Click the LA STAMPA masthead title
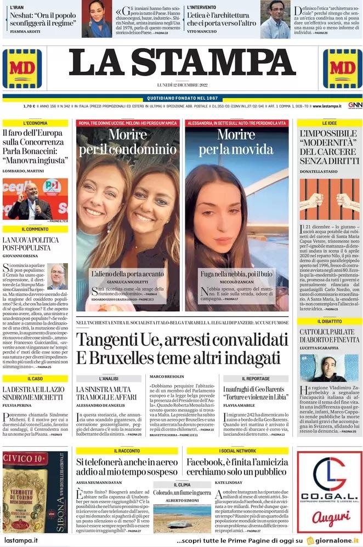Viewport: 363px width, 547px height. click(x=181, y=64)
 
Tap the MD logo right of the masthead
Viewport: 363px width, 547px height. click(x=342, y=69)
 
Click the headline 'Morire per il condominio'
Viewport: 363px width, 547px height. click(x=128, y=141)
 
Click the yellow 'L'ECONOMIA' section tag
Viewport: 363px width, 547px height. click(x=35, y=123)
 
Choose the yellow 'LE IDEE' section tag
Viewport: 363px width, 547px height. click(x=330, y=123)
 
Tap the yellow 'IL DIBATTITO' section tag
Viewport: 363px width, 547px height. click(x=330, y=321)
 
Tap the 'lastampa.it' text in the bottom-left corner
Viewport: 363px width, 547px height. click(x=21, y=541)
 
